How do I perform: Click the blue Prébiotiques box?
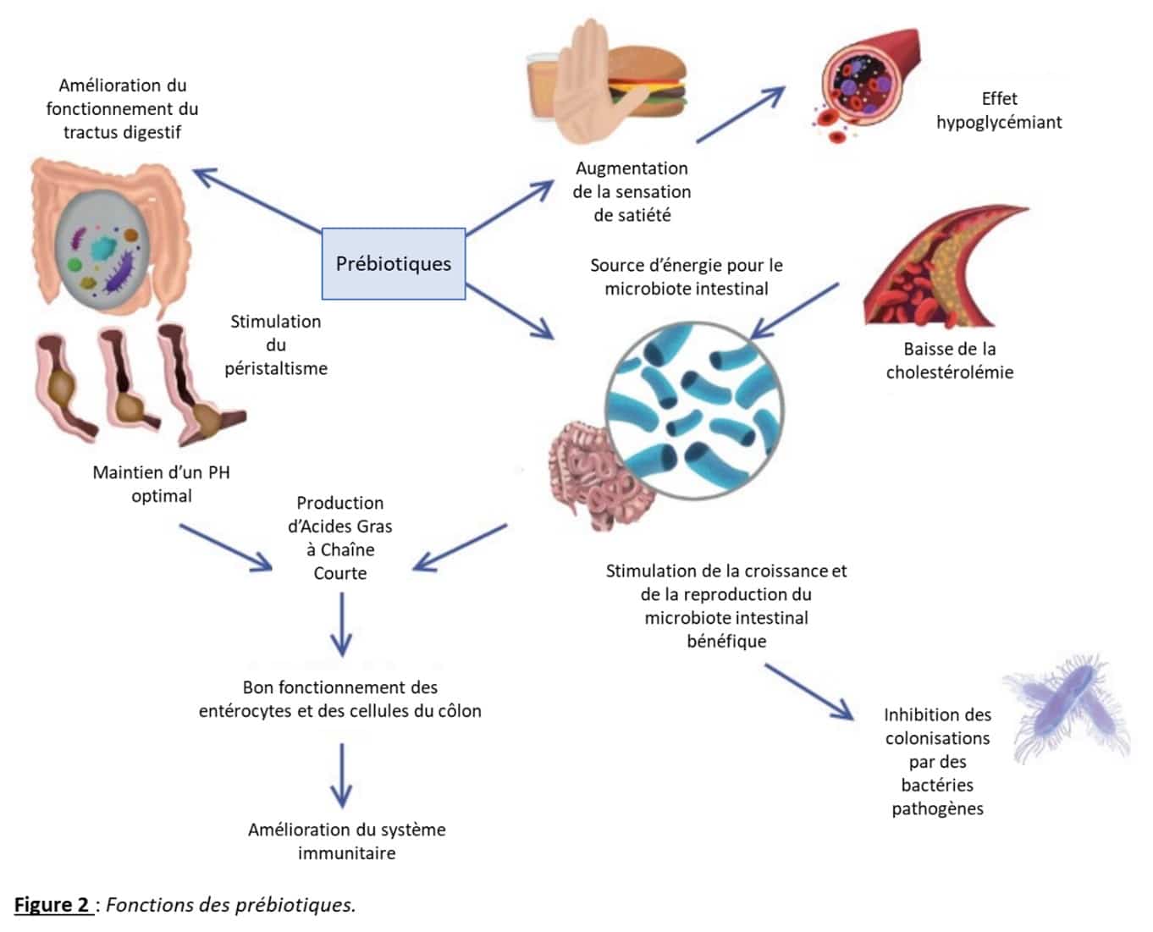coord(394,263)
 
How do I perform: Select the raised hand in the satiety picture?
coord(585,80)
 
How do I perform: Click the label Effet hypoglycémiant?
coord(999,110)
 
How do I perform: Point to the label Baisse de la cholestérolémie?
coord(949,360)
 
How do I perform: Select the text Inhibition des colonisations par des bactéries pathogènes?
coord(937,761)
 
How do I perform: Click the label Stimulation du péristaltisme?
coord(276,345)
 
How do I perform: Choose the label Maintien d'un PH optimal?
coord(161,483)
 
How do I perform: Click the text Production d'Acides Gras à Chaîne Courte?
coord(340,538)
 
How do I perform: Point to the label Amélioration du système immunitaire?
coord(346,841)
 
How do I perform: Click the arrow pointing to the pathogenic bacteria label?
coord(808,691)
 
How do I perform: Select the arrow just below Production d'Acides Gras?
coord(341,624)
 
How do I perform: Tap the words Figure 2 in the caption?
coord(52,904)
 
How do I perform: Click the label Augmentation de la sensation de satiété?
coord(632,191)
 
